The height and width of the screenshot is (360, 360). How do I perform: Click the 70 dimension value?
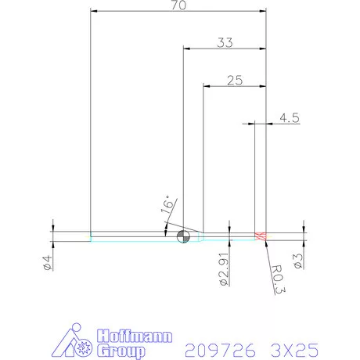click(178, 5)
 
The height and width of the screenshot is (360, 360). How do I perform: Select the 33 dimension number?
click(225, 42)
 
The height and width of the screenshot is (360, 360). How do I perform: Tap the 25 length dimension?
click(234, 79)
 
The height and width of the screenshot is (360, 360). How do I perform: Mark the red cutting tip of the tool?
click(261, 236)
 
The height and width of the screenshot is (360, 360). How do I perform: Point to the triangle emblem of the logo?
click(76, 341)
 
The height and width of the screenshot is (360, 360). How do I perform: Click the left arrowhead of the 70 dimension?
click(94, 12)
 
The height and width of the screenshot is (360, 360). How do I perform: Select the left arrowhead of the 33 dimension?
click(186, 48)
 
